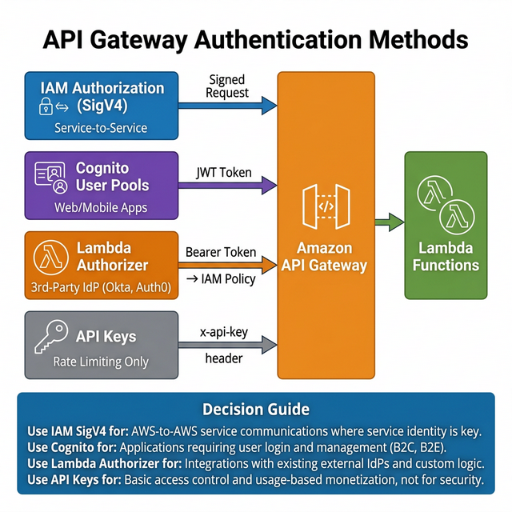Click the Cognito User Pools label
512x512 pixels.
[112, 176]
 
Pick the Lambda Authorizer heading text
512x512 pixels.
[112, 256]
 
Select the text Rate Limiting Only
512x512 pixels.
[101, 362]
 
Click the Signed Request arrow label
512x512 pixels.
[228, 86]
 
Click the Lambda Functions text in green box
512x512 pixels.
[446, 257]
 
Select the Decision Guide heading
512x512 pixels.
[255, 410]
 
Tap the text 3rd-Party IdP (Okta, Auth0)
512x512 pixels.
[102, 286]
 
